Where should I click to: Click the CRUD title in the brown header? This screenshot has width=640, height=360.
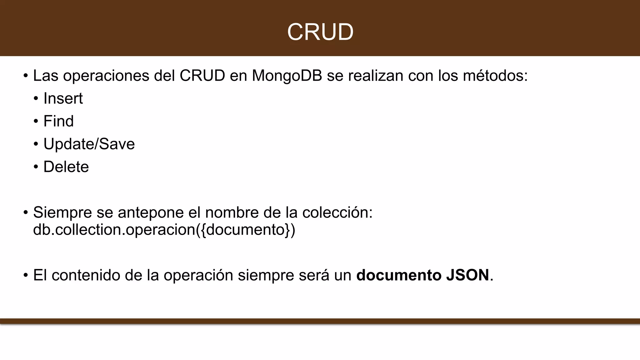[320, 32]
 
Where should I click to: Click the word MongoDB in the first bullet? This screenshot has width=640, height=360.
[287, 76]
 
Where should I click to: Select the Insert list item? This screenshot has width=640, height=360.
[63, 98]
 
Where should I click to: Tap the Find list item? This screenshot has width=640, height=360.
[58, 121]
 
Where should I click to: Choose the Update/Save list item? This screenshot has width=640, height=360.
[89, 144]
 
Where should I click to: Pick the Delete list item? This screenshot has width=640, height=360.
[66, 167]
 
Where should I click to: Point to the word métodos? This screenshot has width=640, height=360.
[495, 76]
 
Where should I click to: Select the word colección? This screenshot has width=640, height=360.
[337, 213]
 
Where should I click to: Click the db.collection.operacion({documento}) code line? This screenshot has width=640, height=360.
[164, 230]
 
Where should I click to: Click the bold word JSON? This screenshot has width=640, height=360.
[467, 275]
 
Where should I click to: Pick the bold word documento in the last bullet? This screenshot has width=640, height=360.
[399, 275]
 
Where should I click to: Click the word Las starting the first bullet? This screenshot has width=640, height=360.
[46, 76]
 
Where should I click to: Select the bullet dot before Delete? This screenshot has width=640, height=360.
[36, 167]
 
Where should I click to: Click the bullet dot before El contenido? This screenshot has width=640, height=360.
[26, 276]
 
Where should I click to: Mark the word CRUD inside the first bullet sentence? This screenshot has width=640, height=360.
[202, 76]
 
